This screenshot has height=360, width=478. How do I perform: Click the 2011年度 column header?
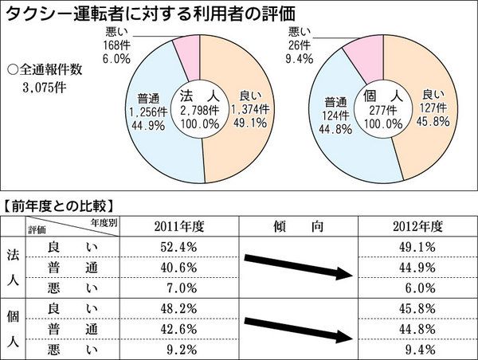(178, 226)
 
